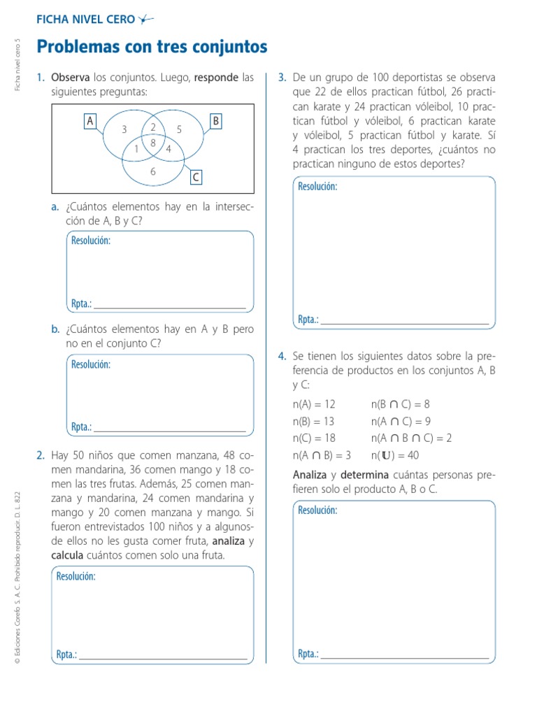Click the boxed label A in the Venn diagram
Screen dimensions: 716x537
pos(89,122)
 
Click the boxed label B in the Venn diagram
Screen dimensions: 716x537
pos(216,122)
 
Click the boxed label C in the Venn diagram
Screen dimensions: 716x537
pos(196,178)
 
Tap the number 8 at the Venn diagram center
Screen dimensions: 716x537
pos(153,142)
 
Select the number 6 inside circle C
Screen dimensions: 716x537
pos(153,171)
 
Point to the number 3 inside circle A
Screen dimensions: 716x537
pos(124,129)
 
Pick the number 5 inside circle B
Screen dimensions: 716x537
pos(179,129)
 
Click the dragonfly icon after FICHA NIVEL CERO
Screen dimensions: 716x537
pos(145,20)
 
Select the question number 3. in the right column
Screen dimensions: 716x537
pos(282,76)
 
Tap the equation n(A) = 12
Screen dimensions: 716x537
pos(314,403)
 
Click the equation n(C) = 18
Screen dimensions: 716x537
pos(314,438)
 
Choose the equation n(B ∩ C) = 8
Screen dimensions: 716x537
pos(400,403)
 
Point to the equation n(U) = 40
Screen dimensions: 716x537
pos(394,456)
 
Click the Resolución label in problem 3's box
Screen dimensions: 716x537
pos(317,187)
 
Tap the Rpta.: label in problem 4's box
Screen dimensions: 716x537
pos(308,654)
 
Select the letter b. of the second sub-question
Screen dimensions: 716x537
pos(55,329)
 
